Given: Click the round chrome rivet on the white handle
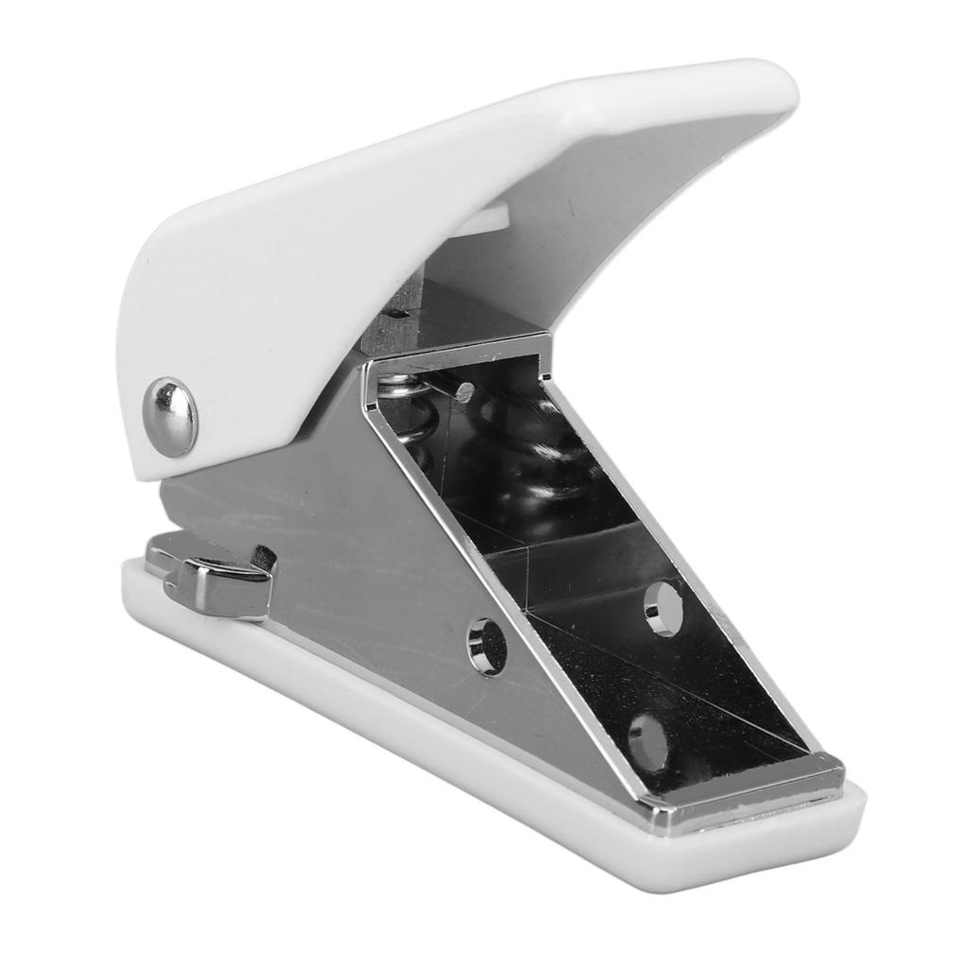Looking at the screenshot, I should (x=170, y=417).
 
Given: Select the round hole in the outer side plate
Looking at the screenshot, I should (x=487, y=647).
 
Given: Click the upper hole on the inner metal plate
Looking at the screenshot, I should (x=664, y=607).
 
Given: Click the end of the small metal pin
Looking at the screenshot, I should (x=464, y=391).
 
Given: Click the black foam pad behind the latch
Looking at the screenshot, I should (x=264, y=559).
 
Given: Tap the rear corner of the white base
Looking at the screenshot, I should (x=132, y=577).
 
